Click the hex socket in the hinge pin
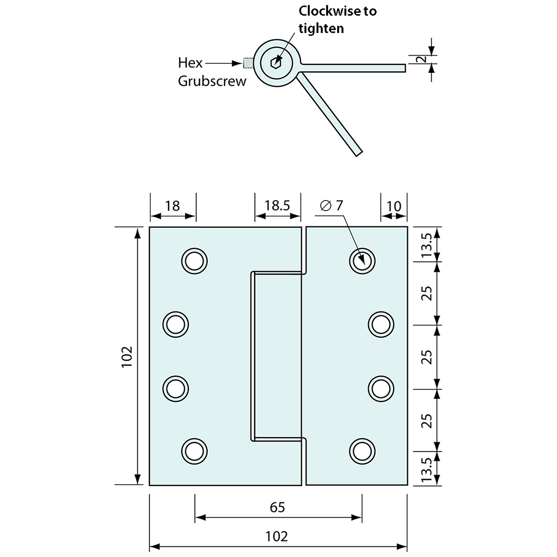point(275,63)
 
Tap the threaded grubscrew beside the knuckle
point(248,63)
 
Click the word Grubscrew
point(212,82)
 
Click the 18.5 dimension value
point(277,206)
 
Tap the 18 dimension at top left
point(173,206)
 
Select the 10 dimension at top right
point(393,206)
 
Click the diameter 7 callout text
point(332,205)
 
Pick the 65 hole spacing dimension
point(277,507)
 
